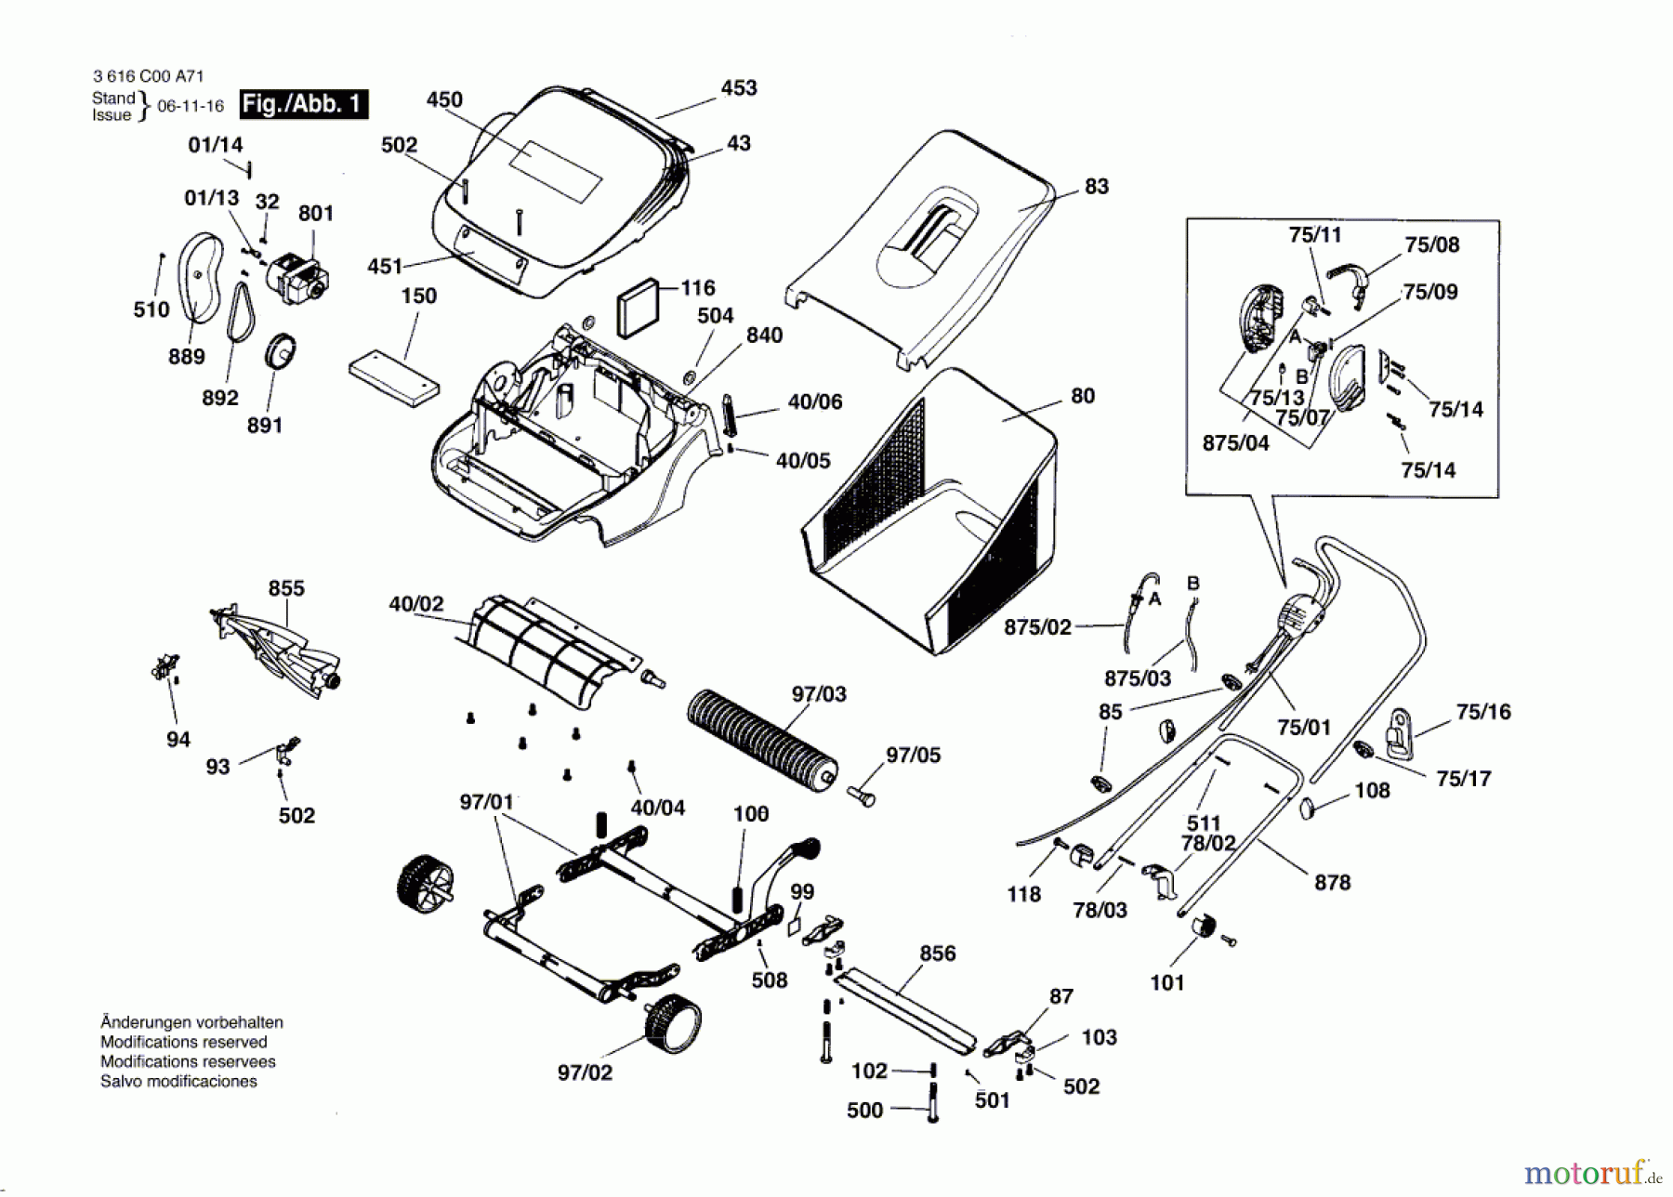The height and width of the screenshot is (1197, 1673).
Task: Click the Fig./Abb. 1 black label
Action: [304, 104]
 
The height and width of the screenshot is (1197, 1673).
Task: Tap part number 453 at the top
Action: [739, 87]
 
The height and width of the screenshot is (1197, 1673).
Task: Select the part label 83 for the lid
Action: [1097, 186]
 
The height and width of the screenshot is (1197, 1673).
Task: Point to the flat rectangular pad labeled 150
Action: [393, 377]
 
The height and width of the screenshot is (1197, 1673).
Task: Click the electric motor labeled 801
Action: [298, 276]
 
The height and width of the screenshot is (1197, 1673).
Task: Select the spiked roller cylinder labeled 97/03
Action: [762, 740]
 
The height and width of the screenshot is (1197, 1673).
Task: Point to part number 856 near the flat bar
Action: [937, 954]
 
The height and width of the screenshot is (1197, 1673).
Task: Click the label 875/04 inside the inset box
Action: [1235, 443]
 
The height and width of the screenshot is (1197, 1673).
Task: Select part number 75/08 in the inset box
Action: [1432, 244]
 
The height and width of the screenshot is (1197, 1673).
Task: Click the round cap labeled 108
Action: [1308, 808]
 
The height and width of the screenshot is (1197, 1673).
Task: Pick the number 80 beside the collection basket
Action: [1083, 396]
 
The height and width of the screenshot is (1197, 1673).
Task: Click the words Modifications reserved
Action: [183, 1042]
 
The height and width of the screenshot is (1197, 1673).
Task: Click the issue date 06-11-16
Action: [191, 106]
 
